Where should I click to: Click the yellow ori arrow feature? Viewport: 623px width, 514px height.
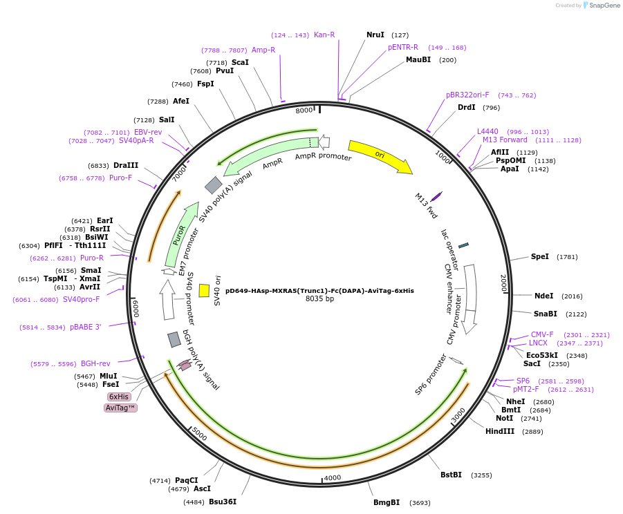pyautogui.click(x=380, y=156)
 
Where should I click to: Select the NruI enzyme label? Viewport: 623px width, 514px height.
pyautogui.click(x=375, y=35)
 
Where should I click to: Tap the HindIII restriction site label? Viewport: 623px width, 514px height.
pyautogui.click(x=500, y=431)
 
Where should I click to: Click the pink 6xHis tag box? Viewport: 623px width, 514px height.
pyautogui.click(x=119, y=397)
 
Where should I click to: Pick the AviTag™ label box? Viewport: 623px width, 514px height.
pyautogui.click(x=120, y=408)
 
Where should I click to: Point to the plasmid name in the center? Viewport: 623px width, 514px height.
pyautogui.click(x=319, y=291)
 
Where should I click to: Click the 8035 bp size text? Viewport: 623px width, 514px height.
pyautogui.click(x=319, y=299)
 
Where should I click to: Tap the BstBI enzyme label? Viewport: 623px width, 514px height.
pyautogui.click(x=451, y=475)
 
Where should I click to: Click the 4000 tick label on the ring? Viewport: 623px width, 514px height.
pyautogui.click(x=333, y=477)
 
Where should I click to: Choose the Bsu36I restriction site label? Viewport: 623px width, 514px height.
pyautogui.click(x=223, y=502)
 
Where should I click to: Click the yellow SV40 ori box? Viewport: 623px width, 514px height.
pyautogui.click(x=204, y=290)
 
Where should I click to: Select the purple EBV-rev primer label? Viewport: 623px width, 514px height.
pyautogui.click(x=148, y=132)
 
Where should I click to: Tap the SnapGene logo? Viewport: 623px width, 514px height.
pyautogui.click(x=599, y=6)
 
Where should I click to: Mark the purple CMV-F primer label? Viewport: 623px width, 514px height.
pyautogui.click(x=542, y=334)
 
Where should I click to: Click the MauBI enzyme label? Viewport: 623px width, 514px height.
pyautogui.click(x=418, y=59)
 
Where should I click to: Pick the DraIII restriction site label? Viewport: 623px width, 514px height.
pyautogui.click(x=126, y=165)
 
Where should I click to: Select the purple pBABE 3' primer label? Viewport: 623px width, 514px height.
pyautogui.click(x=85, y=327)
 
